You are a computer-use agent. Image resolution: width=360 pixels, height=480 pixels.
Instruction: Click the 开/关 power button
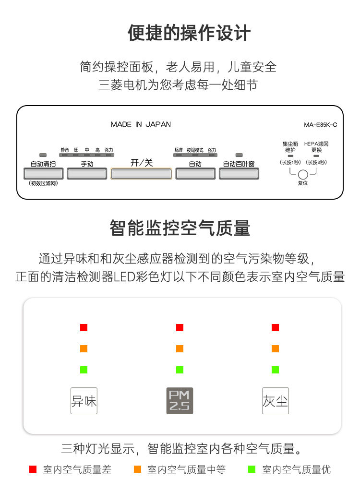141,173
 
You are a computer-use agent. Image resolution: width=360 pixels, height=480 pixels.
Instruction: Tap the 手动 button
87,173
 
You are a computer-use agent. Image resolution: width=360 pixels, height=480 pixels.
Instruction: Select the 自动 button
195,173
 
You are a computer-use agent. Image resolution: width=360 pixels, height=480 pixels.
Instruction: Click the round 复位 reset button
303,175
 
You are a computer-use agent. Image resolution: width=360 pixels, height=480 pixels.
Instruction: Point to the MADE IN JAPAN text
141,124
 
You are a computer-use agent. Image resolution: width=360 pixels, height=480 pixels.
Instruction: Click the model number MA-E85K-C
321,125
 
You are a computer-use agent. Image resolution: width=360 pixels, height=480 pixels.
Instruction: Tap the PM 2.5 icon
180,401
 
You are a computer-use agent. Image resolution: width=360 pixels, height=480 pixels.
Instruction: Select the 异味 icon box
84,401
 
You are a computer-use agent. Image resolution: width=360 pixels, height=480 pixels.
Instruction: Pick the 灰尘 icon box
276,401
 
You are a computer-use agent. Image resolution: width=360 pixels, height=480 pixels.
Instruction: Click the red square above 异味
84,327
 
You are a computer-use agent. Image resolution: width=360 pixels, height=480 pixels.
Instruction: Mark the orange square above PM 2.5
180,348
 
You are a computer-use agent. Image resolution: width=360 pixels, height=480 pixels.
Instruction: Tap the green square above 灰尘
275,370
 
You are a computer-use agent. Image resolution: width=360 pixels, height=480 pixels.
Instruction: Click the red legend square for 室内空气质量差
33,469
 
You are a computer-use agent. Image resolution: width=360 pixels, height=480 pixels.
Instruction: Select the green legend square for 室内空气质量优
251,469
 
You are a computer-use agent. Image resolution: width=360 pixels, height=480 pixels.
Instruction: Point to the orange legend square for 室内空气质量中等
138,469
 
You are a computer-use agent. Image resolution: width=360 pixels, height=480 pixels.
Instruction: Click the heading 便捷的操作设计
189,33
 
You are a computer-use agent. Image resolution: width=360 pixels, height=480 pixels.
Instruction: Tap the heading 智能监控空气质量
180,228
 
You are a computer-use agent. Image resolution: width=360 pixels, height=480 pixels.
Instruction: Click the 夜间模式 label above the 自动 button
195,150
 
